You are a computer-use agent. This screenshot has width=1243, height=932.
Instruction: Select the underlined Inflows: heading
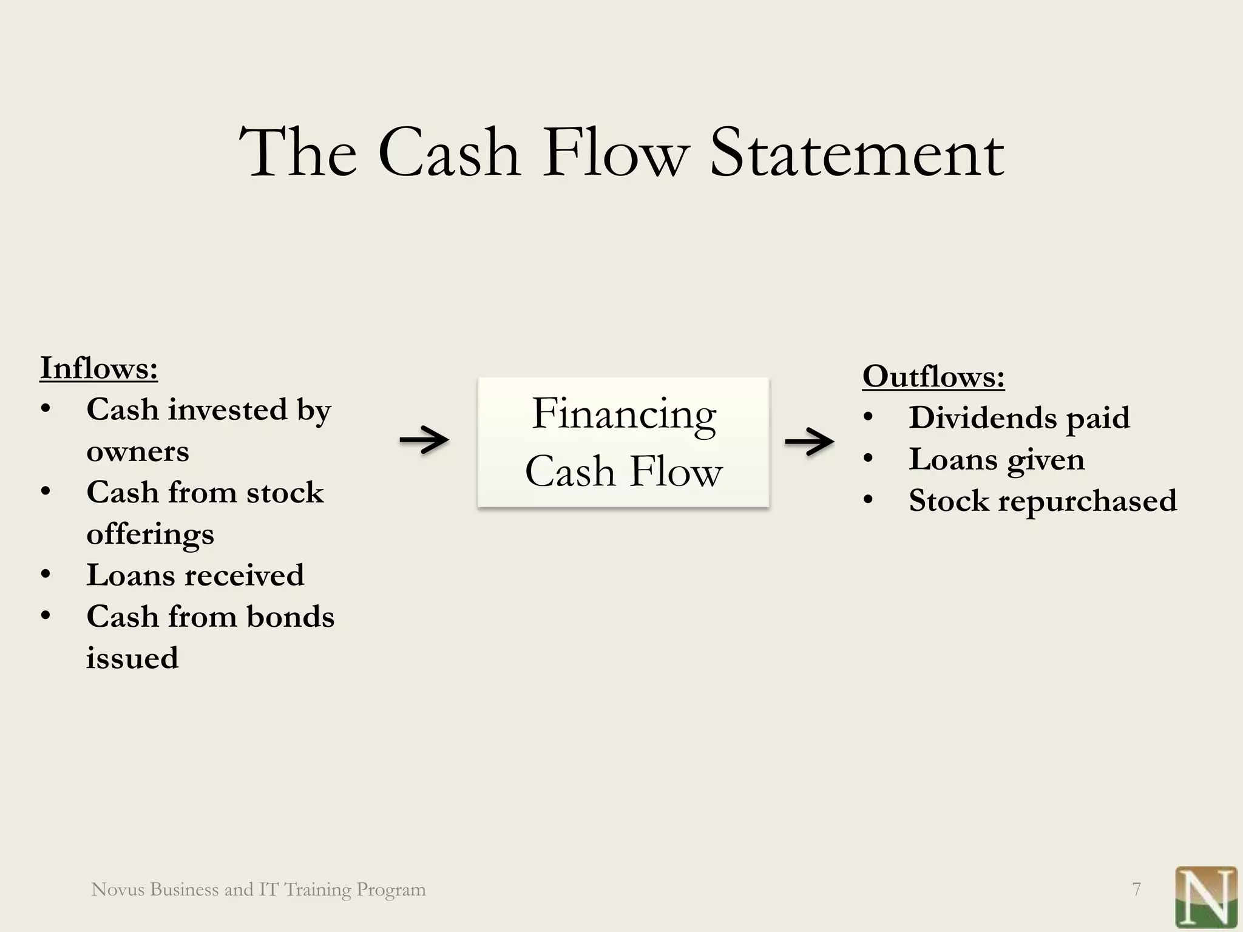(x=99, y=368)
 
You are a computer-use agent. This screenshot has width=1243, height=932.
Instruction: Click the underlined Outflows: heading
(x=933, y=376)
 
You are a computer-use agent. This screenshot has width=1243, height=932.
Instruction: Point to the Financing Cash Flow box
(x=623, y=442)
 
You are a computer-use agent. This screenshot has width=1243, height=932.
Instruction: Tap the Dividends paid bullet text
(x=1019, y=417)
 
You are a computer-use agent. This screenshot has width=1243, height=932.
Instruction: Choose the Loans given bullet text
(x=996, y=459)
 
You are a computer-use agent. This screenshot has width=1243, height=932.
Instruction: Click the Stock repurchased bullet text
(x=1042, y=501)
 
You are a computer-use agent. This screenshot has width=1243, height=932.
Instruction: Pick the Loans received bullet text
(x=195, y=575)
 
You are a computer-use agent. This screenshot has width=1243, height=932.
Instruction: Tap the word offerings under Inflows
(x=150, y=535)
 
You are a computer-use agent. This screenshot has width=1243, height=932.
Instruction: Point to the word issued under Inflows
(x=132, y=658)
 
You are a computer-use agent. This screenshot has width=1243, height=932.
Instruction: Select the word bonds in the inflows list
(x=290, y=616)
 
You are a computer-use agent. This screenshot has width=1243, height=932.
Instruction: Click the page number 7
(x=1136, y=890)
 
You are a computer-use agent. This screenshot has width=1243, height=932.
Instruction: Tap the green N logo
(x=1206, y=899)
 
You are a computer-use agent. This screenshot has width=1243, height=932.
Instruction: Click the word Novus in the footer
(x=118, y=890)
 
